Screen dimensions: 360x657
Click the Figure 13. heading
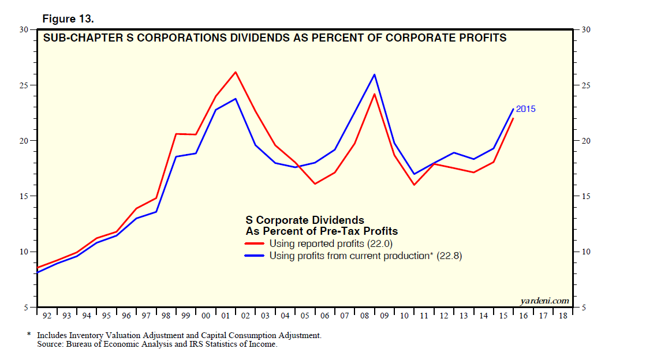pos(68,19)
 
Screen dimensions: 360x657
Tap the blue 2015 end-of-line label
pos(525,108)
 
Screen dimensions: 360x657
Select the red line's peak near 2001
pos(236,72)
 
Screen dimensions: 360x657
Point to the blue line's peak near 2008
pos(375,74)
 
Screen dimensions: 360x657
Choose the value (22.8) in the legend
pos(450,256)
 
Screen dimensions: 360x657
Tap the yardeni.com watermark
pos(544,301)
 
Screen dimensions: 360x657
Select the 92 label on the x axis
pos(47,316)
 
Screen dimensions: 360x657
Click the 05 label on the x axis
pos(305,316)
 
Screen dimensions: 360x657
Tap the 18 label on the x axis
pos(563,316)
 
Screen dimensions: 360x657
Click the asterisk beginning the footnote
pos(29,335)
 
